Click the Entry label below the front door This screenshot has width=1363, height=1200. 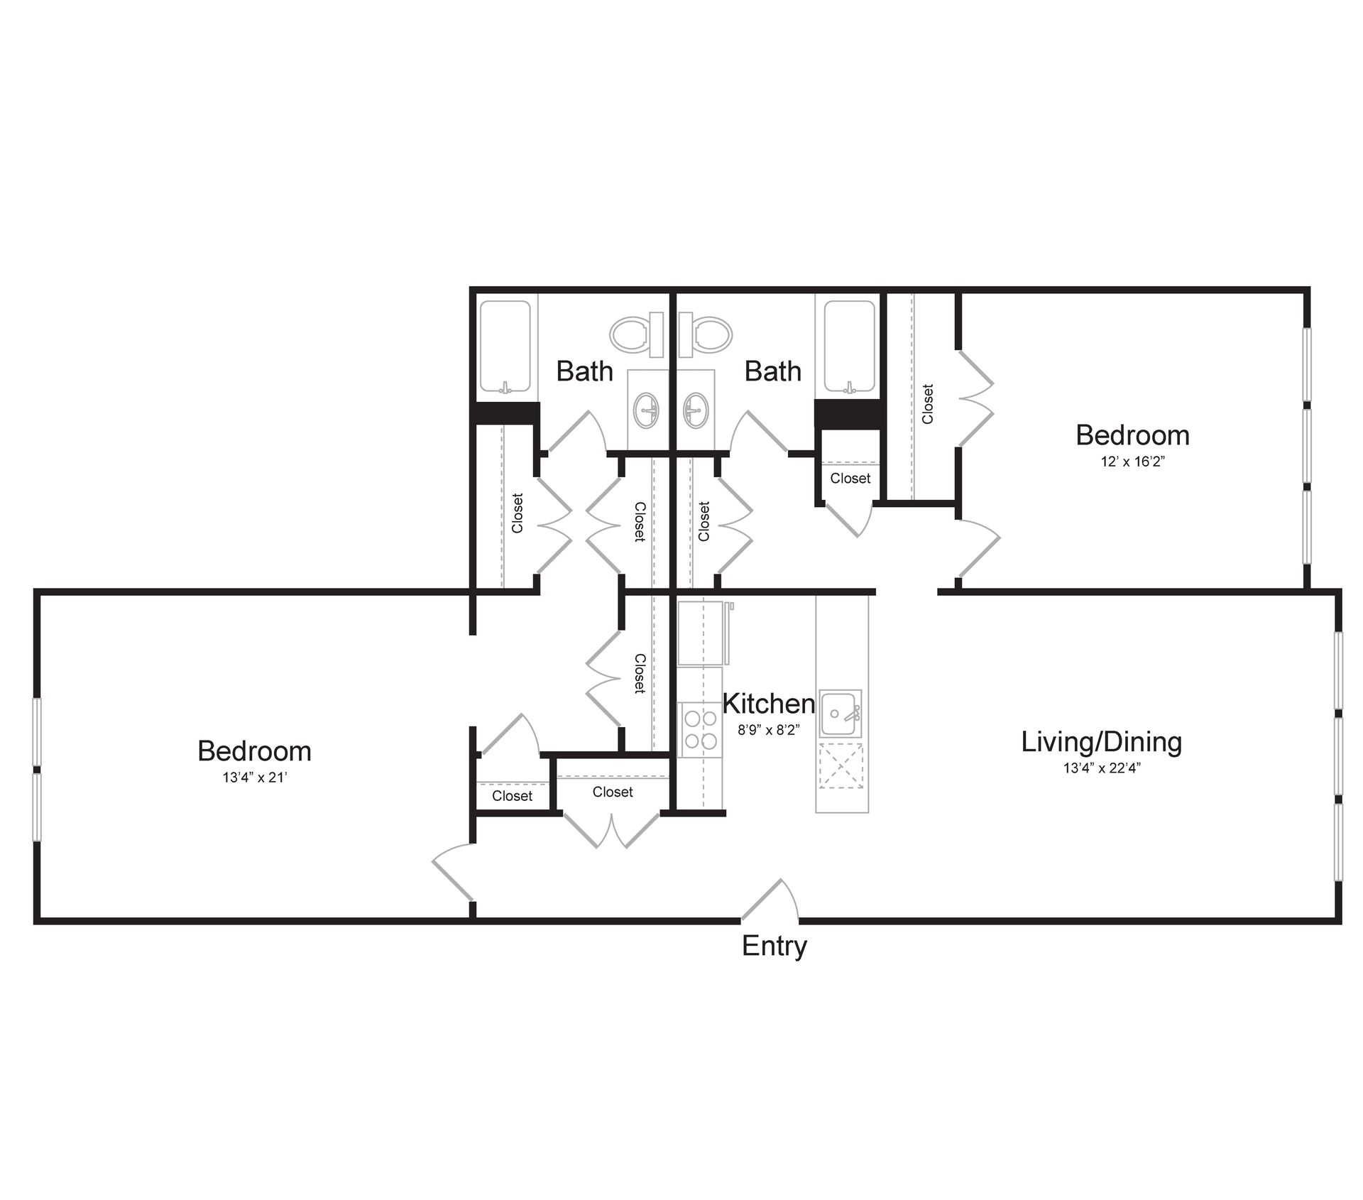pos(774,947)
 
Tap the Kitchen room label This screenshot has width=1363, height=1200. pos(768,704)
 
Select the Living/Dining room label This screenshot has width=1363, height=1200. pos(1102,742)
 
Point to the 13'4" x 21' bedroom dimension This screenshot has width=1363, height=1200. pos(254,778)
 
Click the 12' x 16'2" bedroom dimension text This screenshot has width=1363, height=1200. pos(1132,462)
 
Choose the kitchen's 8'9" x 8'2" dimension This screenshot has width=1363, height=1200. pos(768,730)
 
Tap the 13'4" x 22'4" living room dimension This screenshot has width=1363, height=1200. pos(1102,768)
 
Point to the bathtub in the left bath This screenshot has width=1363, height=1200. pos(505,346)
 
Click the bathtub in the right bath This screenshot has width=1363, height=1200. pos(850,346)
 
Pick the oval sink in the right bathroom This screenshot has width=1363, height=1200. pos(696,410)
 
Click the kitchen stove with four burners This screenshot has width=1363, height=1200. pos(700,730)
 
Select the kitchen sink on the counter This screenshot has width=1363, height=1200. pos(841,713)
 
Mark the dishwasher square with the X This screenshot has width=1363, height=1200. pos(841,765)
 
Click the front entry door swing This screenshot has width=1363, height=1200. pos(770,901)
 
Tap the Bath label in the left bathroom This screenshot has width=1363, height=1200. pos(584,371)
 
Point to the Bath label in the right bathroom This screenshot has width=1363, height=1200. pos(772,371)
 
